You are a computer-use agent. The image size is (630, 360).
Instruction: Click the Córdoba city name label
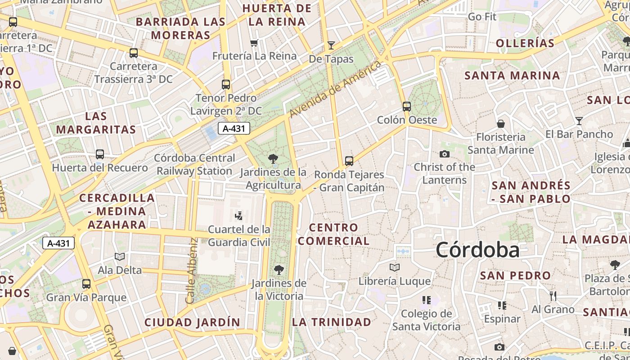(x=477, y=250)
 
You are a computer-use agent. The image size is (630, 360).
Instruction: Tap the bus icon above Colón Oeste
(x=407, y=107)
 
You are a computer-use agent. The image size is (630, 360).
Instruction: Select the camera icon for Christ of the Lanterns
(x=445, y=154)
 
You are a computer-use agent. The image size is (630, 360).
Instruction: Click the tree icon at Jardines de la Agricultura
(x=273, y=158)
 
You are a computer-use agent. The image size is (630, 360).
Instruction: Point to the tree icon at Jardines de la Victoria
(x=279, y=270)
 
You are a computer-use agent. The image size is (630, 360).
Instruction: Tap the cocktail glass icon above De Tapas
(x=331, y=45)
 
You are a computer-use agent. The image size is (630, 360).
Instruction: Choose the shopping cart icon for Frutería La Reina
(x=254, y=43)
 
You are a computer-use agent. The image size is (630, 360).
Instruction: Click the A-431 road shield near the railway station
(x=234, y=129)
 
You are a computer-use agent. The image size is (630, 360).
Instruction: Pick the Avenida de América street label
(x=335, y=89)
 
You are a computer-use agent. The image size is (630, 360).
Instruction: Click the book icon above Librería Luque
(x=395, y=268)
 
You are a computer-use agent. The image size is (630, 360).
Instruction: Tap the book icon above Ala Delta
(x=119, y=257)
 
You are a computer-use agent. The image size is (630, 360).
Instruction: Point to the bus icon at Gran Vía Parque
(x=86, y=284)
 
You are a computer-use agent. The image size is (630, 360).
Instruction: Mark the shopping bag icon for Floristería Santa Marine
(x=500, y=124)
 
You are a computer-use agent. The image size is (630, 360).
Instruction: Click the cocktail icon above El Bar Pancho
(x=579, y=121)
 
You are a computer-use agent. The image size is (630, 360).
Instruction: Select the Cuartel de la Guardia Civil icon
(x=239, y=216)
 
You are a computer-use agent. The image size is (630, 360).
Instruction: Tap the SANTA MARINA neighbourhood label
(x=512, y=76)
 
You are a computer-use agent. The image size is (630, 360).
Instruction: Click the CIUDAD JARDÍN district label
(x=192, y=322)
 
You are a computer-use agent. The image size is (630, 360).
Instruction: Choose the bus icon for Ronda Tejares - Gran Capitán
(x=349, y=161)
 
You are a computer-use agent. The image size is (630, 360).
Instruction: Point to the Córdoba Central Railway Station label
(x=194, y=165)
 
